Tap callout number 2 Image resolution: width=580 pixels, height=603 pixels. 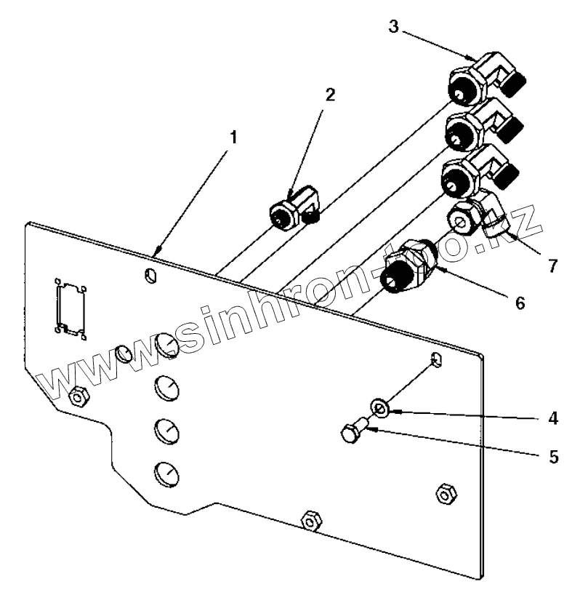click(x=330, y=96)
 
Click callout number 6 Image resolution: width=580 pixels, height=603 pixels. click(x=519, y=303)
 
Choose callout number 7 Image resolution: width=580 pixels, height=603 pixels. click(x=552, y=266)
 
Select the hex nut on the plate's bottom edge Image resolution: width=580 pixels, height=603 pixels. click(x=310, y=519)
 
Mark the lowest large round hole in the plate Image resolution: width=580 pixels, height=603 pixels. click(x=166, y=475)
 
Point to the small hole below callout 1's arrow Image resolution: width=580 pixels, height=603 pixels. click(x=150, y=276)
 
